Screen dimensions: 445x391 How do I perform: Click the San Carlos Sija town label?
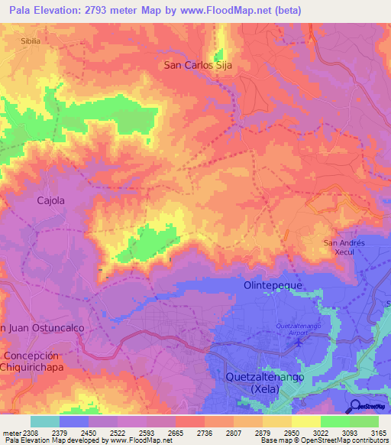[x=198, y=66]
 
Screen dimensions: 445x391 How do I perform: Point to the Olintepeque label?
[x=273, y=284]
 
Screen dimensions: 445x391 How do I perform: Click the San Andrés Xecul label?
[x=346, y=248]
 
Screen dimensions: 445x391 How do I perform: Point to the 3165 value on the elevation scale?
[x=378, y=432]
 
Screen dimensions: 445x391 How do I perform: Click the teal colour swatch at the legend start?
[x=45, y=421]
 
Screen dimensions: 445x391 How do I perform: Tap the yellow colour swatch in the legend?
[x=306, y=421]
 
